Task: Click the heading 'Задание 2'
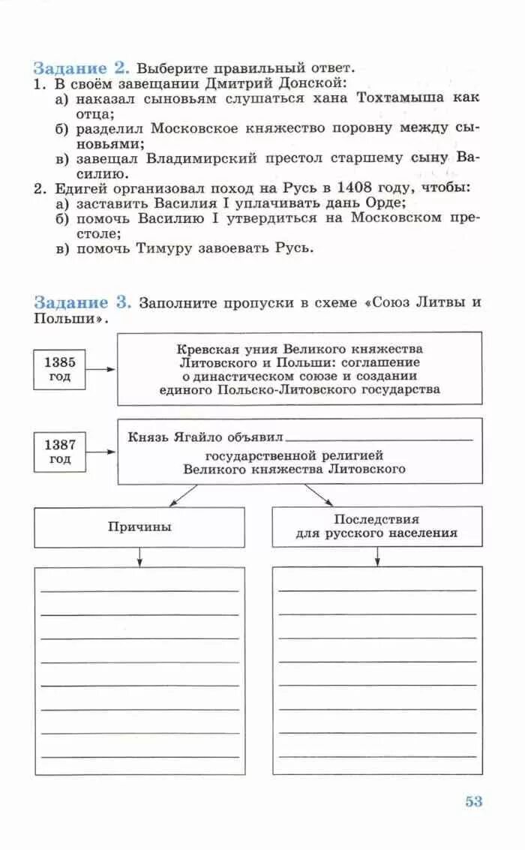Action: pyautogui.click(x=82, y=67)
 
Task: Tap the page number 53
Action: pyautogui.click(x=473, y=801)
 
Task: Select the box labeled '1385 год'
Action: pyautogui.click(x=59, y=369)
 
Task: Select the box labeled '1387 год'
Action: pyautogui.click(x=59, y=452)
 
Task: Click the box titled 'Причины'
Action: pyautogui.click(x=139, y=527)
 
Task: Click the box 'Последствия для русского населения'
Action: pyautogui.click(x=376, y=526)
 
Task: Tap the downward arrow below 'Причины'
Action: pyautogui.click(x=139, y=557)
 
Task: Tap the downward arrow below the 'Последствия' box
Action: pyautogui.click(x=376, y=556)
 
